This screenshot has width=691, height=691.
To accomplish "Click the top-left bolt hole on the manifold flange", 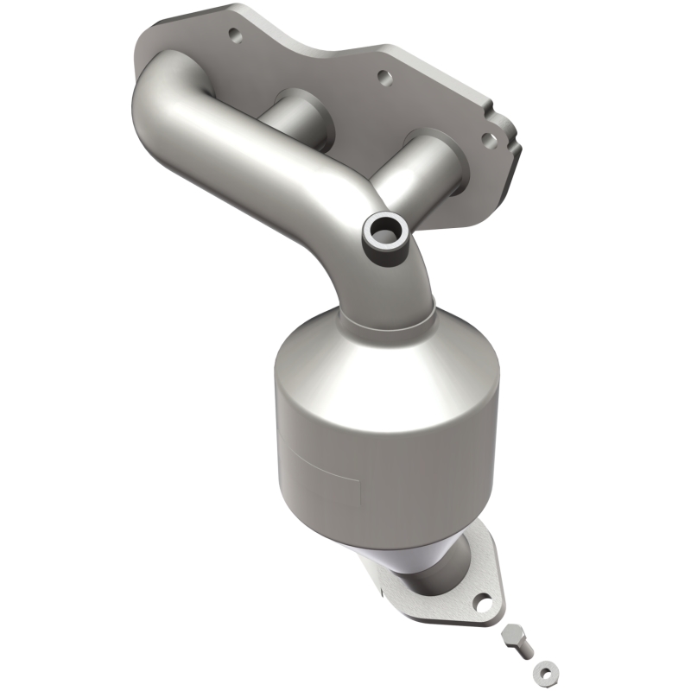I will pyautogui.click(x=232, y=35).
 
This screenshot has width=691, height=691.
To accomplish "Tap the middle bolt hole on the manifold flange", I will pyautogui.click(x=377, y=75).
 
